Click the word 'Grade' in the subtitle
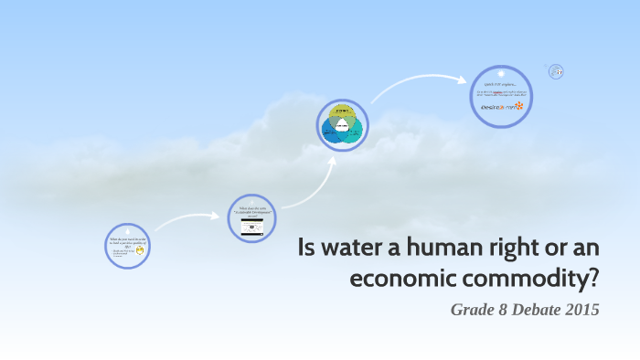pyautogui.click(x=471, y=310)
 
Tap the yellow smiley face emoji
pyautogui.click(x=140, y=249)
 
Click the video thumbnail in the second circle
pyautogui.click(x=251, y=228)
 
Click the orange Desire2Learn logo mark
pyautogui.click(x=519, y=106)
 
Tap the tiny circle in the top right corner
pyautogui.click(x=555, y=71)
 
